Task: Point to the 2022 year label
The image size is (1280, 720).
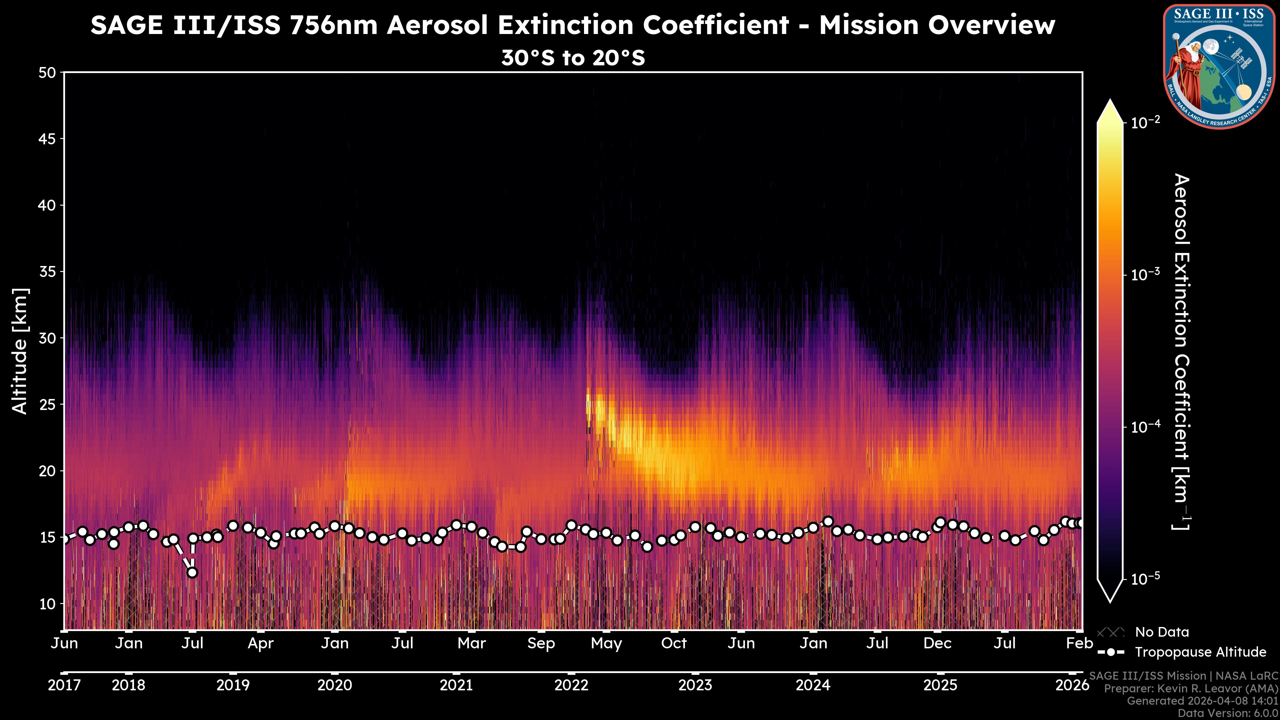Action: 571,686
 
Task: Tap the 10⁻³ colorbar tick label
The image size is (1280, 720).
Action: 1145,275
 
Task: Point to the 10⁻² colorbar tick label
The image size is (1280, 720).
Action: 1145,122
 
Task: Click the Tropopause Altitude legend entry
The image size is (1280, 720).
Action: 1200,652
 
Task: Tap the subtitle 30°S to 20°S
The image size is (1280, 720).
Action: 573,58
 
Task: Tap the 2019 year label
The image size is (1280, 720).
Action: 233,686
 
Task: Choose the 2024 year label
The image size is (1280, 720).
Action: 813,686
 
